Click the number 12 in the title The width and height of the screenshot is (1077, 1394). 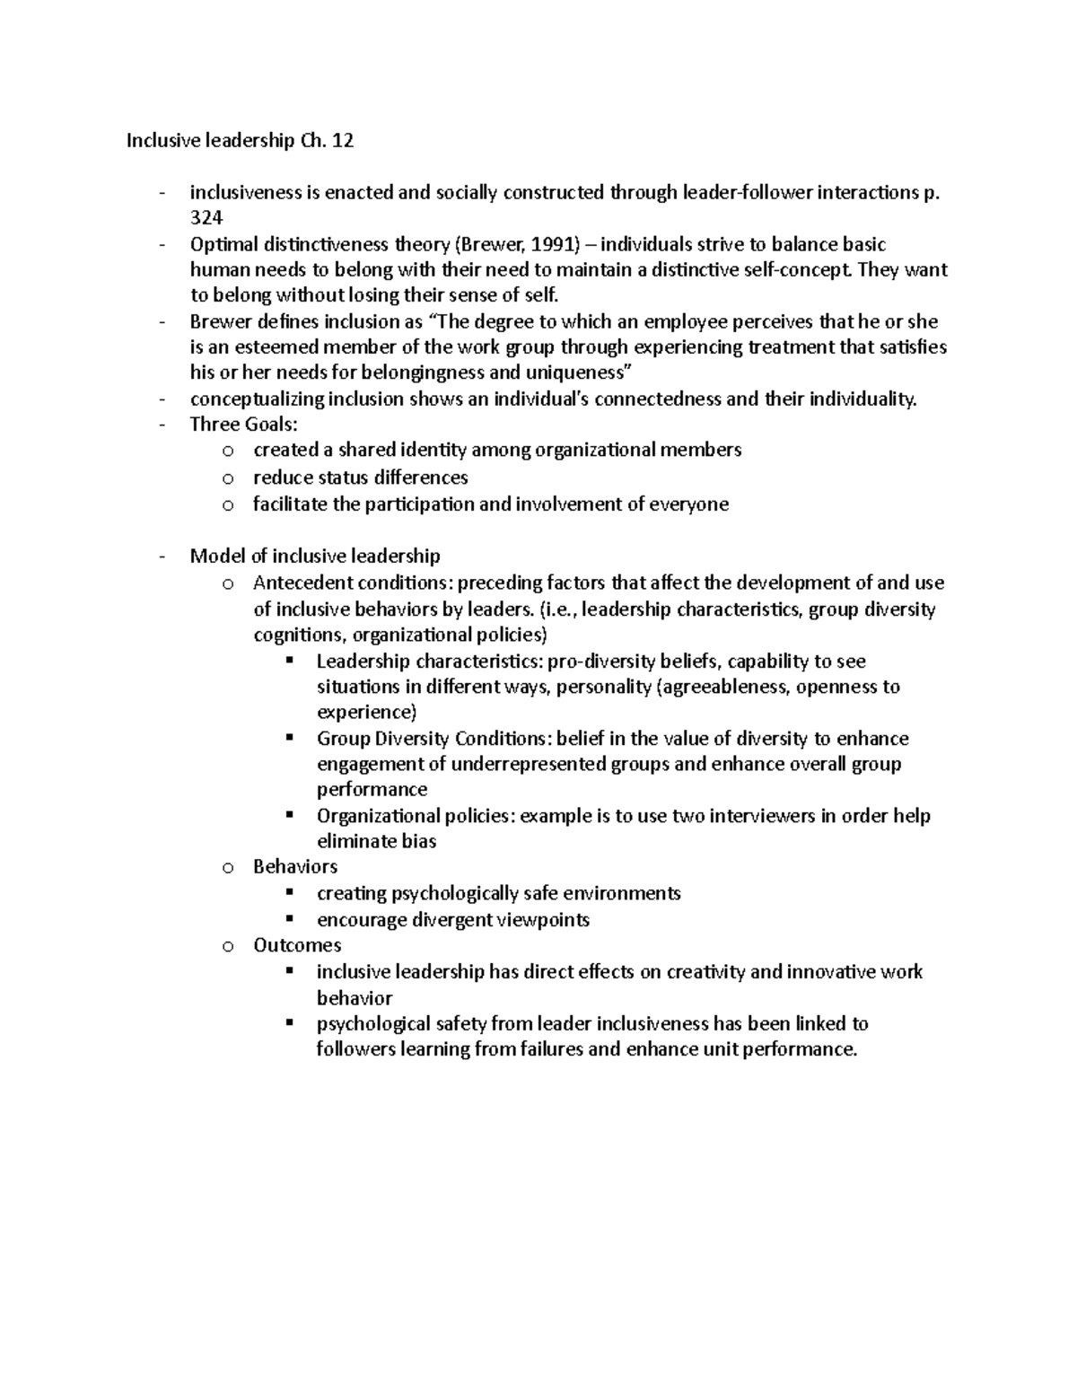[x=343, y=140]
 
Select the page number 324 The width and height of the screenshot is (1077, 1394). [x=206, y=218]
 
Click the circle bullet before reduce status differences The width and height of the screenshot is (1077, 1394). [x=228, y=478]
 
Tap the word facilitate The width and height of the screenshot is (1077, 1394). [x=290, y=504]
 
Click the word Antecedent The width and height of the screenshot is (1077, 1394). [x=302, y=583]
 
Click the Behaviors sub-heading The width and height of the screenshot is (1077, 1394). [x=295, y=866]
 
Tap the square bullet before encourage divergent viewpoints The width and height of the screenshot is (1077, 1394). [x=289, y=918]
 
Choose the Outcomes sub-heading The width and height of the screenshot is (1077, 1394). [x=297, y=944]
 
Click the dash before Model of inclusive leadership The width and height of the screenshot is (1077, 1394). [x=162, y=557]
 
